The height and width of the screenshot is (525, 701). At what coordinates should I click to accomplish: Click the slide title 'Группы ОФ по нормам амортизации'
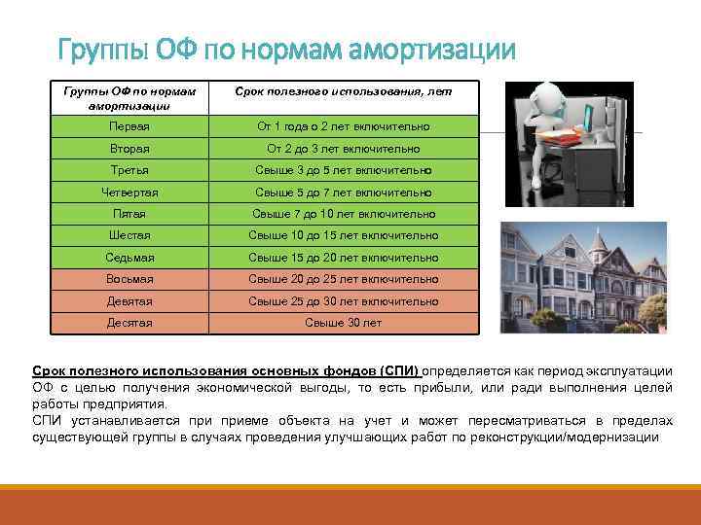pyautogui.click(x=285, y=49)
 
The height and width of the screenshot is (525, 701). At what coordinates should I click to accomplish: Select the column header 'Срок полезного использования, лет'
pyautogui.click(x=343, y=90)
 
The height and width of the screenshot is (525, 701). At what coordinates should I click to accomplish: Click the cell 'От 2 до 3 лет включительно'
pyautogui.click(x=343, y=149)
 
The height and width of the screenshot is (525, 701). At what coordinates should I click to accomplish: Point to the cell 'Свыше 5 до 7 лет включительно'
pyautogui.click(x=343, y=192)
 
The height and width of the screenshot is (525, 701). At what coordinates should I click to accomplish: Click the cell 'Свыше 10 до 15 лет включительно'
pyautogui.click(x=343, y=236)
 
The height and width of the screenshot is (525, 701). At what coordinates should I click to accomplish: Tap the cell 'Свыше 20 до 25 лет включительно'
pyautogui.click(x=343, y=279)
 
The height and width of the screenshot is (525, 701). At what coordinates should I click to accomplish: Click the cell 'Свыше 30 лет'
pyautogui.click(x=343, y=323)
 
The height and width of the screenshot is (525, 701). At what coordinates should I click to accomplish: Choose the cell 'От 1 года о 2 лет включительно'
pyautogui.click(x=343, y=127)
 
